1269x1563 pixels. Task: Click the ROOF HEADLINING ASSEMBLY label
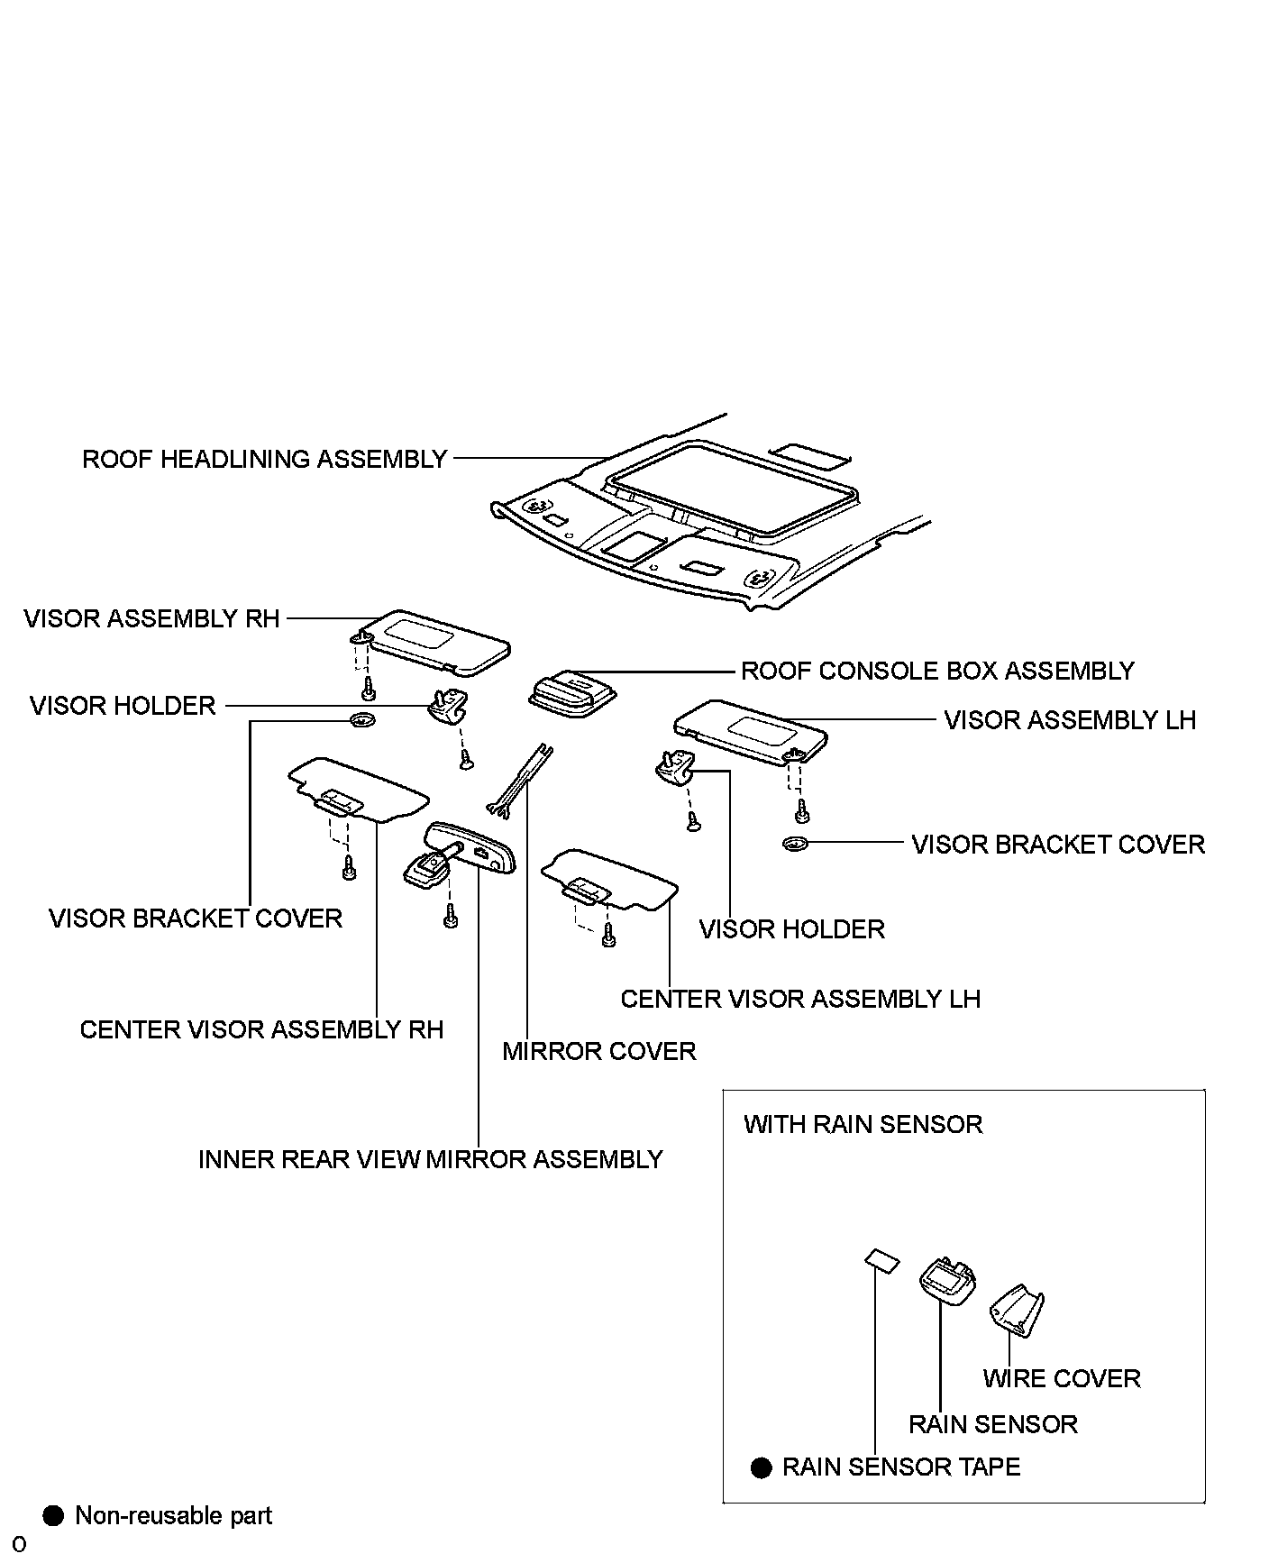click(x=264, y=460)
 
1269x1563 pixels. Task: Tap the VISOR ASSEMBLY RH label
click(x=151, y=619)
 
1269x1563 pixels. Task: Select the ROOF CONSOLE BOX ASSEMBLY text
click(x=936, y=672)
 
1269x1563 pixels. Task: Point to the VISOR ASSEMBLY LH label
click(x=1069, y=720)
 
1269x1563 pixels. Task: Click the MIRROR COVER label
click(x=598, y=1051)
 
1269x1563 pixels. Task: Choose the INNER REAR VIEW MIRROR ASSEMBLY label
click(x=430, y=1159)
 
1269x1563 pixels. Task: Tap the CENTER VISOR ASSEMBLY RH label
click(x=261, y=1029)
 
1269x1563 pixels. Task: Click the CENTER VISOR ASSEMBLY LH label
click(x=799, y=999)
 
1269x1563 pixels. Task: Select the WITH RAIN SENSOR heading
click(x=863, y=1124)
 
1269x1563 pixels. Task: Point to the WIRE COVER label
click(x=1061, y=1378)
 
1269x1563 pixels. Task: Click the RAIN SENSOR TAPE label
click(x=900, y=1467)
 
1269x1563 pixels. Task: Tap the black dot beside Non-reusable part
click(x=54, y=1515)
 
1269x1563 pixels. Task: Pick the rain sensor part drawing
click(x=945, y=1280)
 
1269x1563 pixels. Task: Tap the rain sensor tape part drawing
click(x=881, y=1260)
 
